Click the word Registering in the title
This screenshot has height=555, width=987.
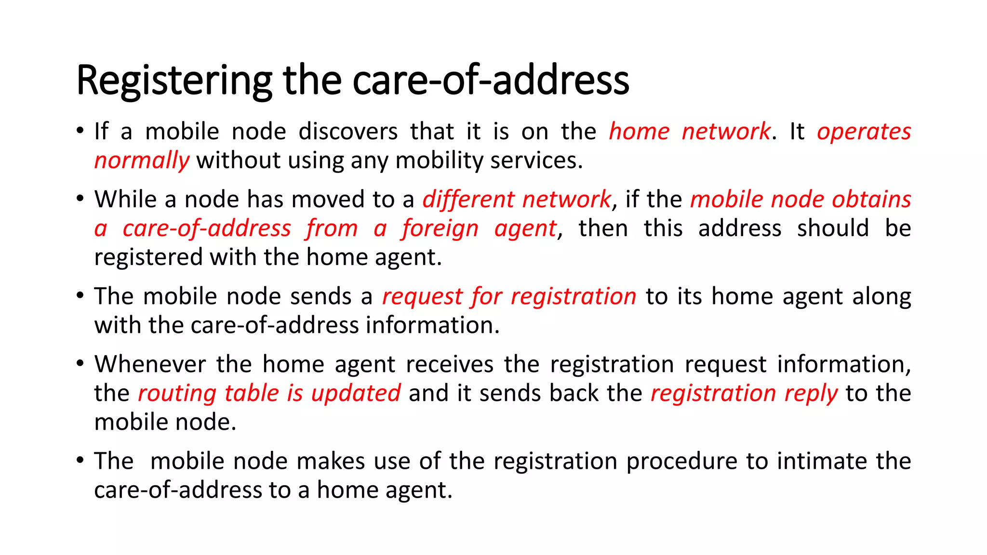pyautogui.click(x=174, y=81)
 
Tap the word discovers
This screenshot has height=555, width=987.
pyautogui.click(x=348, y=132)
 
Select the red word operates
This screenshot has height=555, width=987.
pyautogui.click(x=864, y=132)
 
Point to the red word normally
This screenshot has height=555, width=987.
pyautogui.click(x=142, y=161)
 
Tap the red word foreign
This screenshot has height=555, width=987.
pyautogui.click(x=440, y=228)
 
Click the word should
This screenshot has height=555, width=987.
pyautogui.click(x=832, y=228)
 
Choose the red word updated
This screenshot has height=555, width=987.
pyautogui.click(x=356, y=393)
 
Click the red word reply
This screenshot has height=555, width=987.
pyautogui.click(x=811, y=393)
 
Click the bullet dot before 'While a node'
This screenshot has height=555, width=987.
pyautogui.click(x=80, y=198)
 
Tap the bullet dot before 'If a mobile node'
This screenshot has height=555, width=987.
pyautogui.click(x=80, y=130)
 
